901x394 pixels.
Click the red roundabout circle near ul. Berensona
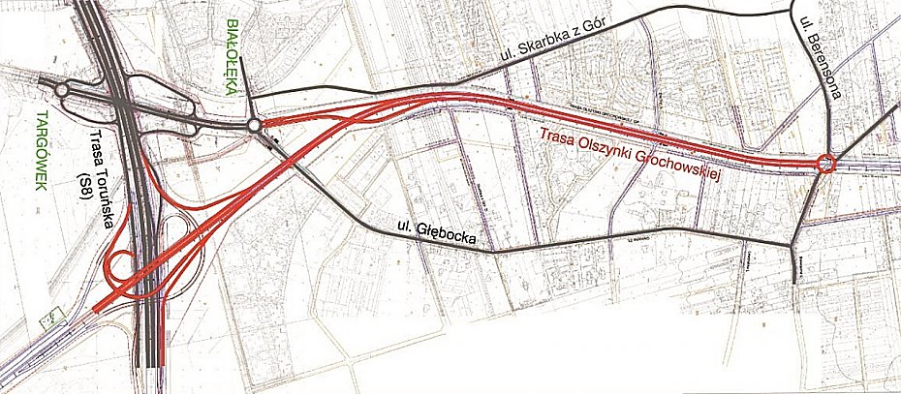coord(825,165)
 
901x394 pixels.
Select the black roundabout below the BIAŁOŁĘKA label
coord(254,125)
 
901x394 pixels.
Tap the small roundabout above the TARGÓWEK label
coord(62,90)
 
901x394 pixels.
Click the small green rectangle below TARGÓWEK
coord(50,318)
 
